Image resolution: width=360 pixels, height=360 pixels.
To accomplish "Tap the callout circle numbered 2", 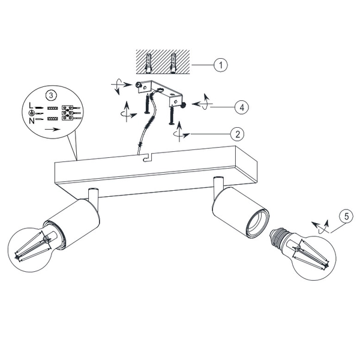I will click(x=238, y=133).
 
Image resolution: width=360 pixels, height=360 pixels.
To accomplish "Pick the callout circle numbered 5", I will click(x=344, y=216).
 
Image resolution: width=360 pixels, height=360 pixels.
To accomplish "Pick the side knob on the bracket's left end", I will click(x=139, y=86).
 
